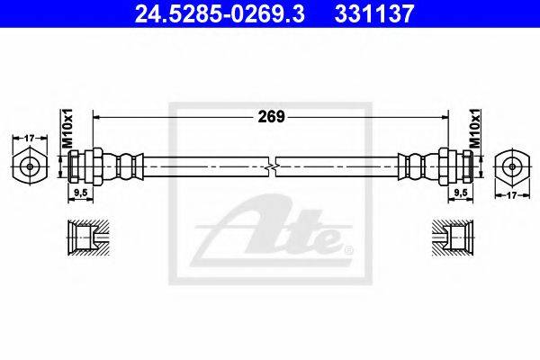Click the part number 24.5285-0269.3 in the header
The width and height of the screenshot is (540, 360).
click(220, 13)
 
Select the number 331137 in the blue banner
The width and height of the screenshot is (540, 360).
click(374, 13)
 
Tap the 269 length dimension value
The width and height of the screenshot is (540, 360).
click(272, 117)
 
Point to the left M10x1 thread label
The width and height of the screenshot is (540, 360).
click(67, 128)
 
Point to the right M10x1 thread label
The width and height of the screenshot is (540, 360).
click(475, 128)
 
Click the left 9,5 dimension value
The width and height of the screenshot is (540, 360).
click(81, 193)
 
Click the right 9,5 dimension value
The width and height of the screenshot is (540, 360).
click(461, 193)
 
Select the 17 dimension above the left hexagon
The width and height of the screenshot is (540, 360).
click(30, 138)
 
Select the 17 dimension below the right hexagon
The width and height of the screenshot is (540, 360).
click(512, 195)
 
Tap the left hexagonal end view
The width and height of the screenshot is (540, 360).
click(30, 167)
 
